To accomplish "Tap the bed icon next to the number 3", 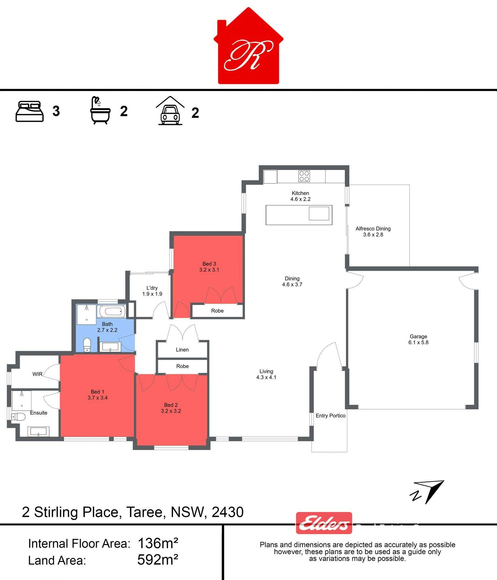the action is pos(29,112).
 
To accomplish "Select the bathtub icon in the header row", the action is pos(100,110).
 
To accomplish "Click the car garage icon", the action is pos(170,111).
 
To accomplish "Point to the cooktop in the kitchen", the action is pos(304,176).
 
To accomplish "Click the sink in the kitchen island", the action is pos(319,214).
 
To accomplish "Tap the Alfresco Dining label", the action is pos(373,231).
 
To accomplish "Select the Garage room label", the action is pos(418,339).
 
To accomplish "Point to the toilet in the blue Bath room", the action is pos(87,345).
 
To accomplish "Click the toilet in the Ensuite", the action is pos(18,417).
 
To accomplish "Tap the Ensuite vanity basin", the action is pos(39,431).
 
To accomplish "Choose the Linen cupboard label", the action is pos(182,350).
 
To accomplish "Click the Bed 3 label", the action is pos(209,264).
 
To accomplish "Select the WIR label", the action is pos(37,374).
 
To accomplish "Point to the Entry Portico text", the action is pos(330,416).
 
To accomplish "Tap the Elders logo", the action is pos(324,523).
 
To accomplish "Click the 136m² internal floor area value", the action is pos(158,543).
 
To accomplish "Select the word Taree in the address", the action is pos(144,512).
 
